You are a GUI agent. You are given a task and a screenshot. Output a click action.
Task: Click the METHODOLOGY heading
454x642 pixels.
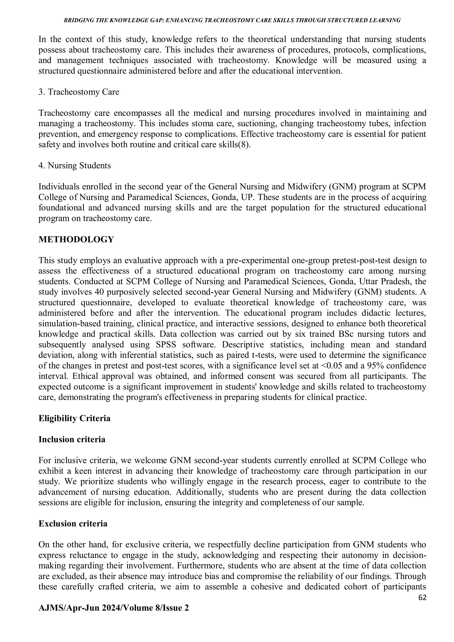(x=76, y=240)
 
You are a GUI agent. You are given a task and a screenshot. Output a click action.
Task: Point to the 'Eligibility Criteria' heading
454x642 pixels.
(x=74, y=419)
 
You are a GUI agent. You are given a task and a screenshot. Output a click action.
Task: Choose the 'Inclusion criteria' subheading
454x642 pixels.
(x=72, y=440)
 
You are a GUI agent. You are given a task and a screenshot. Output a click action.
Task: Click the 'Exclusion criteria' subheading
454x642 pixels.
(x=73, y=524)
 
